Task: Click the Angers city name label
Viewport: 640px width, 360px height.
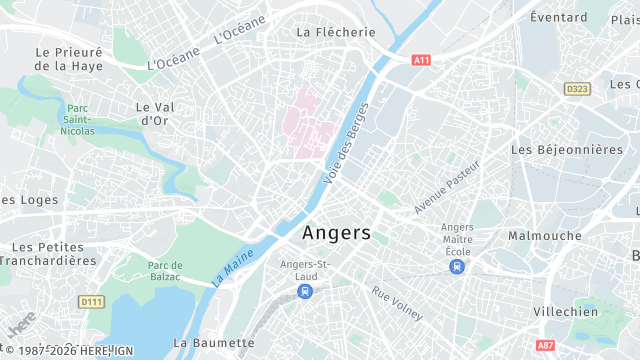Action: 336,233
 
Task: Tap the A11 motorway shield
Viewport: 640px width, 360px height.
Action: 421,60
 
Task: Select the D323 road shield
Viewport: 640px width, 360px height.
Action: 576,89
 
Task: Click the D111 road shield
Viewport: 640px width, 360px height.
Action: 91,301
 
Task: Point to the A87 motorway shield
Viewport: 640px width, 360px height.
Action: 573,345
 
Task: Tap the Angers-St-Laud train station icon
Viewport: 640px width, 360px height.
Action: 304,291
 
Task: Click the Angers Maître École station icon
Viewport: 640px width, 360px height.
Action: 457,266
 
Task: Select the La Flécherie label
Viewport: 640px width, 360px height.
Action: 336,32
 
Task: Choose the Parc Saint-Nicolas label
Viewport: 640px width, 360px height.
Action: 77,119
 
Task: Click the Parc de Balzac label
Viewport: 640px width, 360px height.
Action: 164,270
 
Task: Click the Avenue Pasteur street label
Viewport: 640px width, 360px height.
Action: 447,186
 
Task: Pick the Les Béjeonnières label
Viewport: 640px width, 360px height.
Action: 566,149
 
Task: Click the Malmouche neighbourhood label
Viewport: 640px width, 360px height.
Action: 545,236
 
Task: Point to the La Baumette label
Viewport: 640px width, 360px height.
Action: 213,342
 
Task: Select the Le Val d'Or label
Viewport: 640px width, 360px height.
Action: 156,113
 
